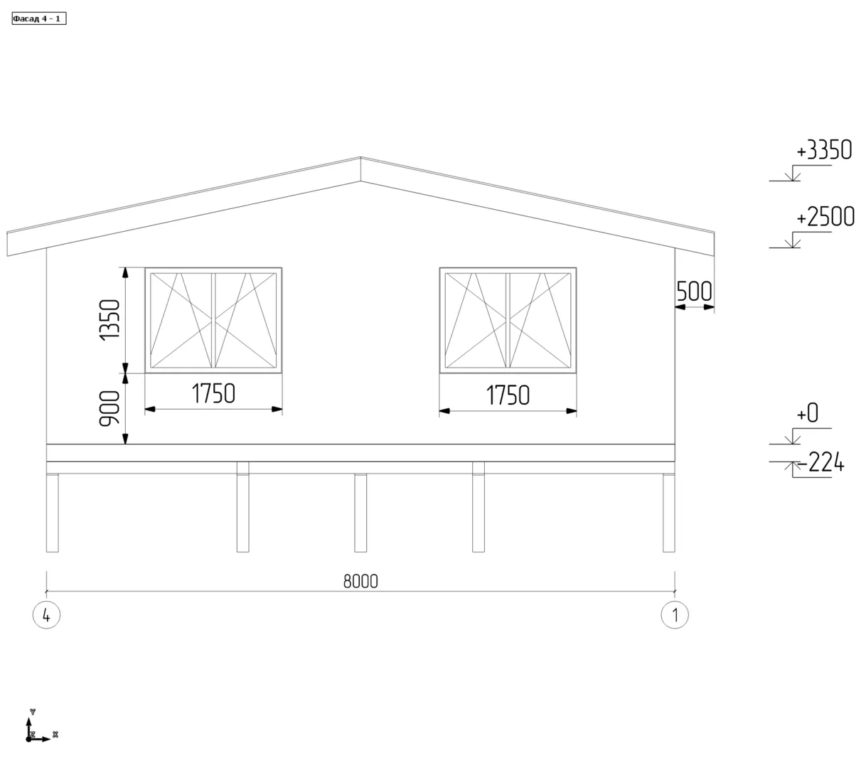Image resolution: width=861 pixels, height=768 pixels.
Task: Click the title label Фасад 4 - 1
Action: [38, 18]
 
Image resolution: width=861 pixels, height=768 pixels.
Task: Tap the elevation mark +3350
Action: [823, 150]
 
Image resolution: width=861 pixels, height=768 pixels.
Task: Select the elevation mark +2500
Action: [825, 217]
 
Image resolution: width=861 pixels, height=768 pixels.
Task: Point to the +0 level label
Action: [807, 412]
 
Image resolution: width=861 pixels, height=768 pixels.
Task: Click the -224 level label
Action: [820, 462]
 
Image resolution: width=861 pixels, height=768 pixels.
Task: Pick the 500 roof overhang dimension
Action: [694, 292]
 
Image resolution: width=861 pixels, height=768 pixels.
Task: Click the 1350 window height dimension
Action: [109, 320]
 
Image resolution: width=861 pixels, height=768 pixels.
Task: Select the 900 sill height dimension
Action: [109, 408]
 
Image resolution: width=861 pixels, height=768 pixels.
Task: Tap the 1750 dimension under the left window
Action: [213, 393]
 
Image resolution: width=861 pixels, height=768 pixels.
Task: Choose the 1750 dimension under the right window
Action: [508, 395]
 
